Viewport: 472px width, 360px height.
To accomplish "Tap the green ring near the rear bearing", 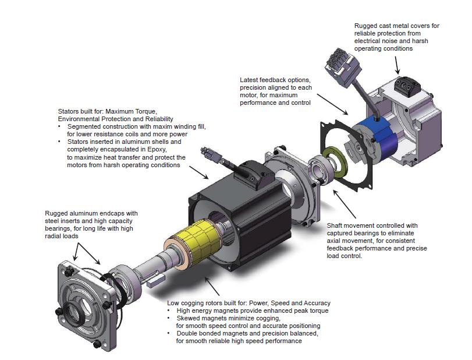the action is (x=335, y=163).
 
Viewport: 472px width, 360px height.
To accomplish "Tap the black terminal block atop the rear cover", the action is (x=407, y=86).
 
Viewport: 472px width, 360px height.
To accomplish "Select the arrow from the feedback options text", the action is (x=333, y=104).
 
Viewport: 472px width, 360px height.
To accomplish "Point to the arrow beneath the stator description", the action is (x=198, y=172).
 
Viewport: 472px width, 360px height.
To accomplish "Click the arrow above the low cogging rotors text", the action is (x=212, y=286).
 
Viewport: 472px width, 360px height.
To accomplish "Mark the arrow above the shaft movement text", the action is (x=345, y=204).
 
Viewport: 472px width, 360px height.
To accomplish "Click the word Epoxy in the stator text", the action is (x=157, y=150).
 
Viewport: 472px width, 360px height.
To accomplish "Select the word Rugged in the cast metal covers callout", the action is (x=365, y=26).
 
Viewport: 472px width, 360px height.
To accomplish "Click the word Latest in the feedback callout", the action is (x=249, y=80).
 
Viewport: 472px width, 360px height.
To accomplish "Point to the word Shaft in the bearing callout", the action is (x=335, y=225).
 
